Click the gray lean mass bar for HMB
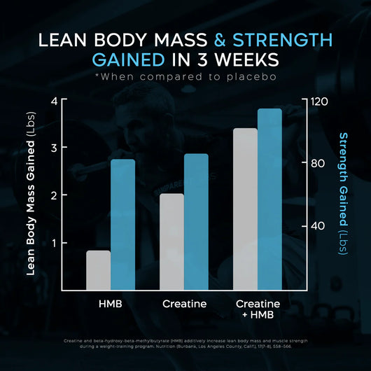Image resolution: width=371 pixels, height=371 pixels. click(x=98, y=271)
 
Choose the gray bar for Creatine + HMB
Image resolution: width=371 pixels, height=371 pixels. click(x=245, y=210)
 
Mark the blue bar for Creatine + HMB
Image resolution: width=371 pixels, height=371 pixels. click(x=269, y=200)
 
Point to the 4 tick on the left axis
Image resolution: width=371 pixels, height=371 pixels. click(x=54, y=101)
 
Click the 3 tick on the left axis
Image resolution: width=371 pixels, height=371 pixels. click(x=54, y=148)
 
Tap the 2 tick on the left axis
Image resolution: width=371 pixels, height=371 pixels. click(x=54, y=196)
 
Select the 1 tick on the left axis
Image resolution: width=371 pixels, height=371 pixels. click(x=54, y=244)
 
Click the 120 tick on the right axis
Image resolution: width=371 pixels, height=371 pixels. click(x=320, y=101)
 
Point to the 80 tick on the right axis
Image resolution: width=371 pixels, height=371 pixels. click(x=318, y=164)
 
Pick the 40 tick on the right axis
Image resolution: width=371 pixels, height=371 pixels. click(x=318, y=226)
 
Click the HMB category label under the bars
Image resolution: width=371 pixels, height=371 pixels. click(x=111, y=304)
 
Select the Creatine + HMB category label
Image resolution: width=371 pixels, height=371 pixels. click(x=257, y=310)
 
